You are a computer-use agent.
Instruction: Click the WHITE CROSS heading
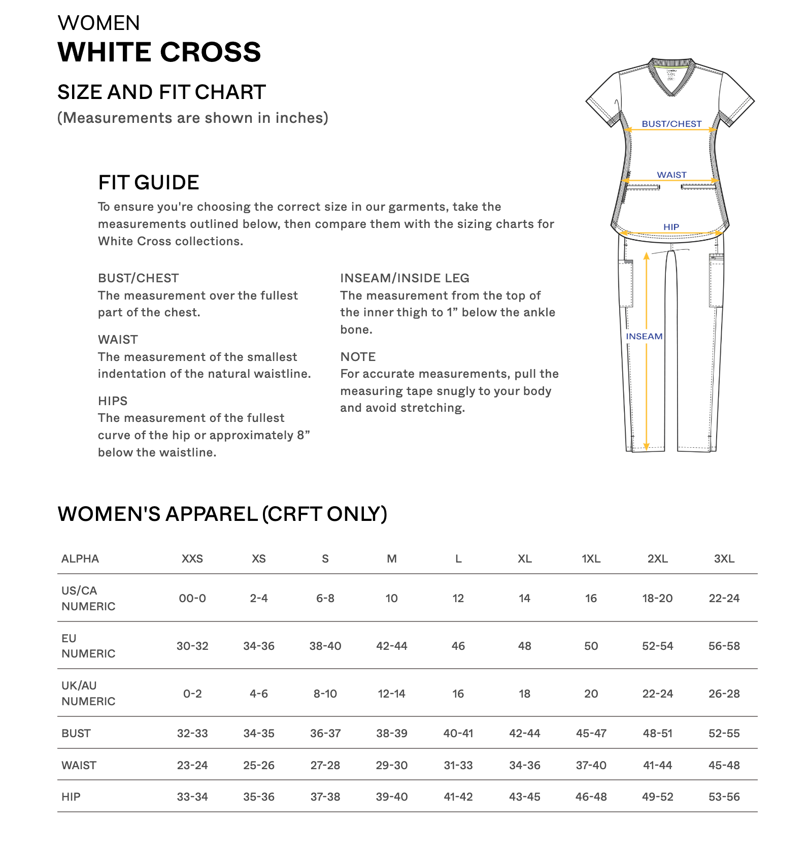pos(159,52)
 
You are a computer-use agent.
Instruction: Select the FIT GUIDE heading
pos(148,182)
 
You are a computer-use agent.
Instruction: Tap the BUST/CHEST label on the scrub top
pos(671,124)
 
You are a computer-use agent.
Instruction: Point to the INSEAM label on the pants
pos(644,336)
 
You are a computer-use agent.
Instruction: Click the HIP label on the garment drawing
pos(671,227)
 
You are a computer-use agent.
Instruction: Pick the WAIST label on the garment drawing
pos(671,175)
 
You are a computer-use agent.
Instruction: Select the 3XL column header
pos(724,558)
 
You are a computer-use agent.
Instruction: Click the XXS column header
pos(192,558)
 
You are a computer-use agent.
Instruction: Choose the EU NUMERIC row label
pos(88,646)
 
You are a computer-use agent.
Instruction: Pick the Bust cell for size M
pos(391,733)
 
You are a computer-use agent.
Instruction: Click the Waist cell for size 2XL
pos(657,765)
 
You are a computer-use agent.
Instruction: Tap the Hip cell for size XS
pos(259,797)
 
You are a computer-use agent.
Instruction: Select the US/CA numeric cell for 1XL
pos(591,598)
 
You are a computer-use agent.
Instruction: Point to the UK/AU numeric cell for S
pos(325,694)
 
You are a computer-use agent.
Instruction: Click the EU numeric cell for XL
pos(524,646)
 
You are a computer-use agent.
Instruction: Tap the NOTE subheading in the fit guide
pos(358,357)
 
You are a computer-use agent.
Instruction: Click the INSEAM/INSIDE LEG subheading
pos(404,278)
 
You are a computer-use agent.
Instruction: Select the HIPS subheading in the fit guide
pos(113,401)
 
